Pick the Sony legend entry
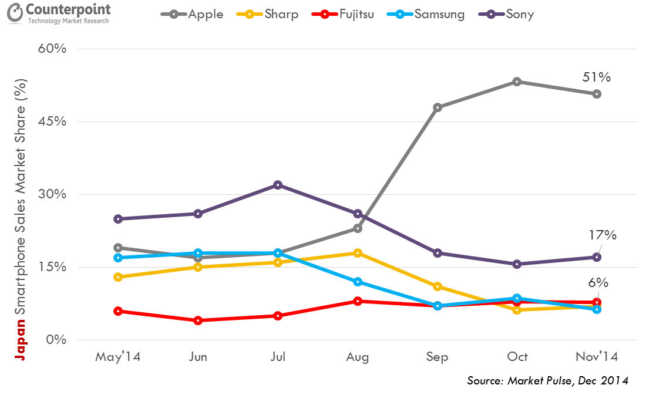(512, 14)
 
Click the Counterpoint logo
(59, 15)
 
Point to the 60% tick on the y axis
(53, 49)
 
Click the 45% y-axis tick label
(53, 121)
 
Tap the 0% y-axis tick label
(56, 340)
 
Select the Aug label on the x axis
(357, 357)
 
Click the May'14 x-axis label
(118, 357)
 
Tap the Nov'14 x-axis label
(597, 357)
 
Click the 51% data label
(597, 77)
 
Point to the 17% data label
(603, 235)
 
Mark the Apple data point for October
(517, 82)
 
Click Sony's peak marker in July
(277, 185)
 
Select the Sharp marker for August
(357, 253)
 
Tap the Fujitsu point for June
(198, 320)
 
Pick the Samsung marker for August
(357, 282)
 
